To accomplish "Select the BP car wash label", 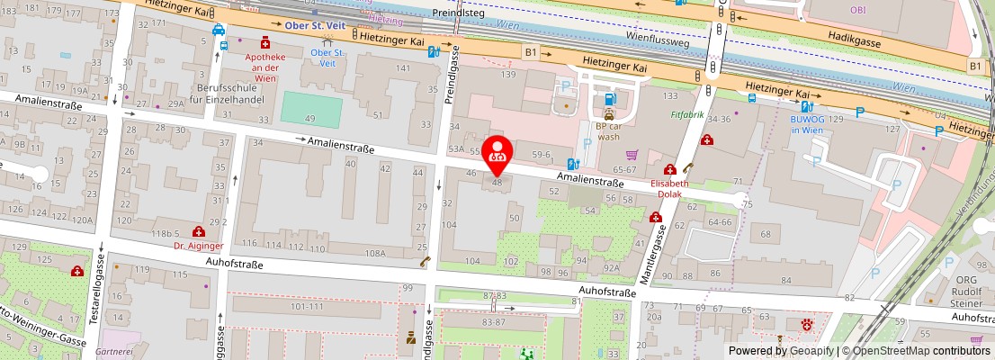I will tap(609, 131).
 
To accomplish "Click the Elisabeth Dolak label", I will tap(670, 187).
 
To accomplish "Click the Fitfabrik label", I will tap(688, 115).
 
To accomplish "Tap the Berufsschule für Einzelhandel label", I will tap(229, 93).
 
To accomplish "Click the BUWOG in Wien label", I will tap(808, 124).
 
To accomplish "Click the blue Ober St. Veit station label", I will tap(315, 25).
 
